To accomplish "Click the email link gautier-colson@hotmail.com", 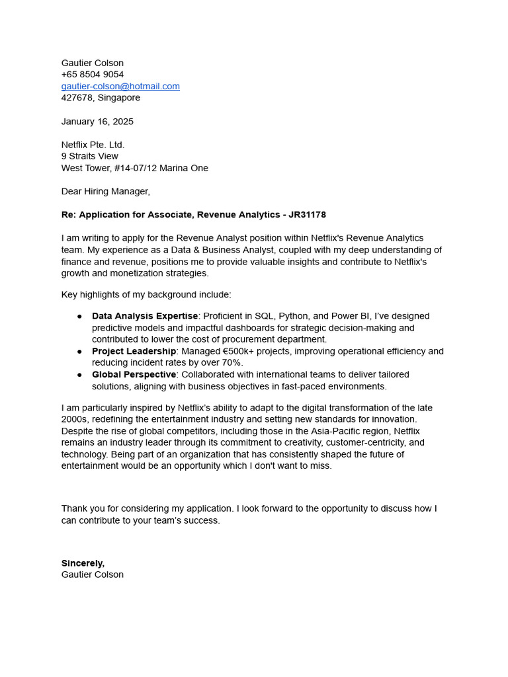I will pos(120,87).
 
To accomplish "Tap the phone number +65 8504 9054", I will pos(93,75).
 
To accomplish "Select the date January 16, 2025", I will pos(97,122).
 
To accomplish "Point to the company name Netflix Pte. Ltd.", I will pos(93,145).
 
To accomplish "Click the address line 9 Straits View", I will pos(90,157).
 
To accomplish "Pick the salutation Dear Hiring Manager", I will pos(106,192).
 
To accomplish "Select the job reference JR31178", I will pos(307,215).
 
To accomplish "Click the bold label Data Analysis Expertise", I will pos(145,316).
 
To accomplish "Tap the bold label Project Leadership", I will pos(134,351).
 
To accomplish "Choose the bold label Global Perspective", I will pos(134,375).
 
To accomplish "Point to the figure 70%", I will pos(232,363).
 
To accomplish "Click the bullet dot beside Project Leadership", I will pos(79,351).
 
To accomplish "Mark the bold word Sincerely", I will pos(83,563).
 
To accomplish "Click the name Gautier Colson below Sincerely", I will pos(93,575).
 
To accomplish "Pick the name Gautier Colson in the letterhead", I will pos(93,63).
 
